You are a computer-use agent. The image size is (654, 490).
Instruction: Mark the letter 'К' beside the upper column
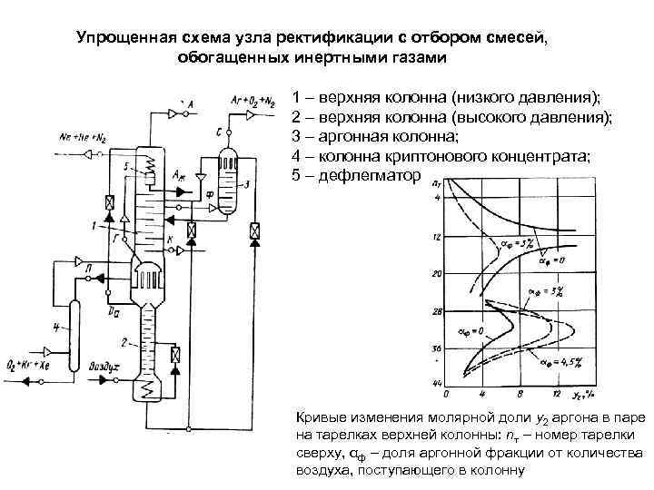(x=168, y=240)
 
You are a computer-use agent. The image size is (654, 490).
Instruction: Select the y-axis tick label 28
(x=437, y=310)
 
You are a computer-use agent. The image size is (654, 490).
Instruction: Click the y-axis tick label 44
(x=437, y=385)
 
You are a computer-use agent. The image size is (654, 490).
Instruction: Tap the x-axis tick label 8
(x=519, y=394)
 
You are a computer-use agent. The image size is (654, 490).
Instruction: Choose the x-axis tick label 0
(x=446, y=394)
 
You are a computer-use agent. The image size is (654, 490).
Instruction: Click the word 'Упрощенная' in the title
(x=118, y=37)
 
